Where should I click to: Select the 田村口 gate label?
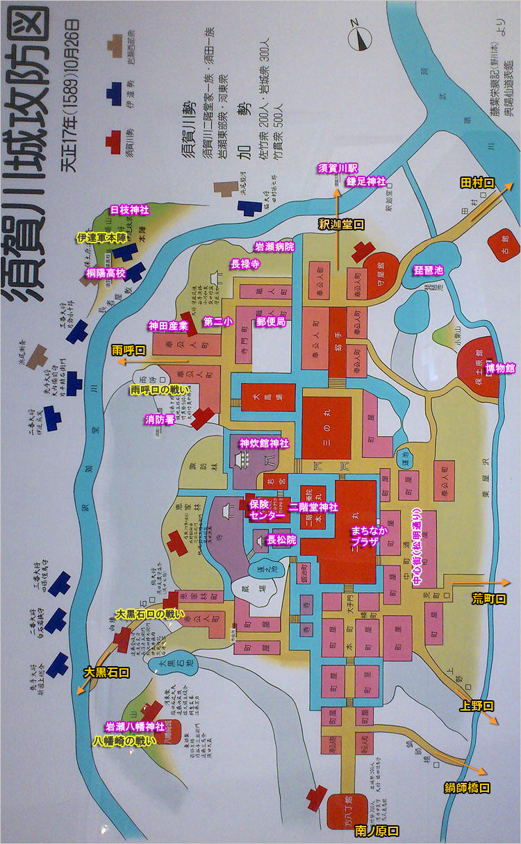point(477,164)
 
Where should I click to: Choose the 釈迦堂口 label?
point(342,224)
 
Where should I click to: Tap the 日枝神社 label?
point(130,209)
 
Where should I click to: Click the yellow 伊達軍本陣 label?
point(101,238)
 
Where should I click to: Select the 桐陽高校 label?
point(106,273)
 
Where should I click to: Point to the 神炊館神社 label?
point(264,442)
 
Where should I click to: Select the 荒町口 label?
point(489,597)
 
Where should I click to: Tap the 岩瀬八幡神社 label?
point(135,727)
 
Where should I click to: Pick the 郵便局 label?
point(271,322)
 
